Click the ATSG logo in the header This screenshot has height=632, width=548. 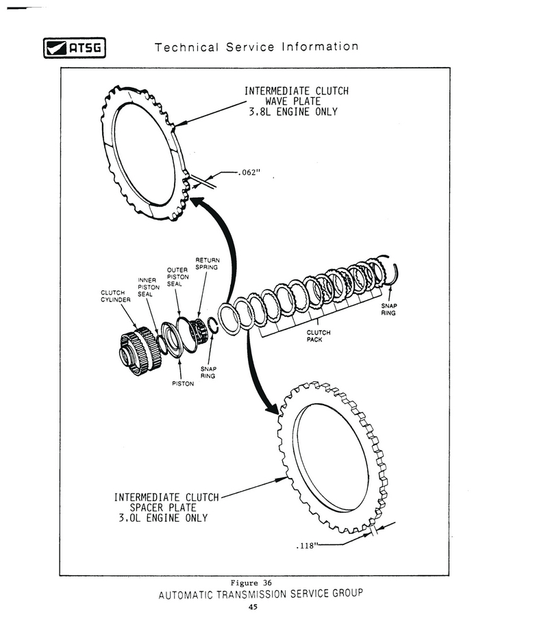pos(74,49)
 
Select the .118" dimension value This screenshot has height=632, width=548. pos(306,546)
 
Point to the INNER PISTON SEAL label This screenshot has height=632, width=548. pos(149,287)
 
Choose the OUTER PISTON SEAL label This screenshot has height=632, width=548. pos(178,277)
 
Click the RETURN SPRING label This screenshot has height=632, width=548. pos(207,264)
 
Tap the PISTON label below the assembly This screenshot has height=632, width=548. pos(183,383)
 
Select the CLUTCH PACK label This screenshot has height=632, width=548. pos(319,336)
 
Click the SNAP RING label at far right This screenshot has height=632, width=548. pos(389,309)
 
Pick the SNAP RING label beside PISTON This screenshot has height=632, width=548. pos(208,372)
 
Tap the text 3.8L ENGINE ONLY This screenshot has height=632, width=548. pos(295,112)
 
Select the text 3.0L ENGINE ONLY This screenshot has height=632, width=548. pos(163,518)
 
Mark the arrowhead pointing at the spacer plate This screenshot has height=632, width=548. pos(273,409)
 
